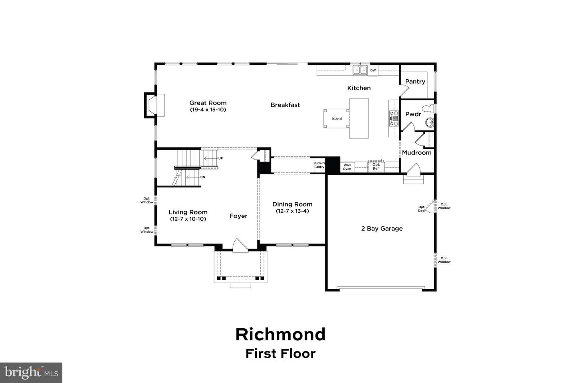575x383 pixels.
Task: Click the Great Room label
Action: [208, 103]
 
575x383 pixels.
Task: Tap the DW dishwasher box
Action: [373, 71]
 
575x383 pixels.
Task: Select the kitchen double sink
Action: [360, 71]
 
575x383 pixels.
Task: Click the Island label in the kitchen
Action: [337, 119]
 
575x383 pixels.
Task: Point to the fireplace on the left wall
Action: [155, 105]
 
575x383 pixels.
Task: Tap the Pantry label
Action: [415, 81]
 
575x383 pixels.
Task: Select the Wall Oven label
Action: [347, 167]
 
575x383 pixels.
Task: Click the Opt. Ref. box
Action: [376, 167]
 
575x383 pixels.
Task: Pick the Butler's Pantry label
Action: [319, 165]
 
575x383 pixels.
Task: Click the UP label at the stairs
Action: [220, 158]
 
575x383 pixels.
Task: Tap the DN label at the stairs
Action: [202, 177]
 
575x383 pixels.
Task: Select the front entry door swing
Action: [240, 246]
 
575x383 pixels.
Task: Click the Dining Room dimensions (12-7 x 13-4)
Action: [292, 211]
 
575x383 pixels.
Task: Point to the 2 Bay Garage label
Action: [382, 229]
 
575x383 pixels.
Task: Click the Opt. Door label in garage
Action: [422, 209]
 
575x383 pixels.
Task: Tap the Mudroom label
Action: [416, 152]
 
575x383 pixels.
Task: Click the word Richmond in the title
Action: [280, 334]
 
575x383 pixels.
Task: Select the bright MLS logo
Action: [31, 373]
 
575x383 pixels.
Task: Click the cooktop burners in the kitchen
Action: [394, 118]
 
